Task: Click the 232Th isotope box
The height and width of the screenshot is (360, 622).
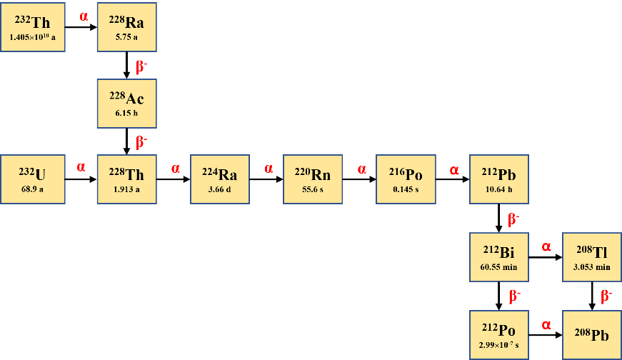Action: click(33, 27)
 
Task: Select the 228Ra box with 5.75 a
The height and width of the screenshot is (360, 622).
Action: click(126, 27)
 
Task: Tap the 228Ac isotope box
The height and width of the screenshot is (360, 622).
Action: click(126, 103)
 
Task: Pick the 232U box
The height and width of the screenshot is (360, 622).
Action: click(33, 179)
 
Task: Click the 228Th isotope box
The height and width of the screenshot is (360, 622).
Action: click(126, 179)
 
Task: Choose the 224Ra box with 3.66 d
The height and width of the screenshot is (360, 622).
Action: click(220, 179)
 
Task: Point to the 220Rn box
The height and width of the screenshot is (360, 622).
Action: click(313, 179)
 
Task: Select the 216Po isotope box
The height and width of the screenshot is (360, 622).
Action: click(406, 179)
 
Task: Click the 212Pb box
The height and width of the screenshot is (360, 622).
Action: click(499, 179)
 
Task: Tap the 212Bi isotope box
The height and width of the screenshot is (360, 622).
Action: click(499, 257)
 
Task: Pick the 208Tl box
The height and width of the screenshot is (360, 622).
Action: click(592, 257)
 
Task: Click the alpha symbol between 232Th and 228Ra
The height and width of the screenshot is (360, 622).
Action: click(84, 16)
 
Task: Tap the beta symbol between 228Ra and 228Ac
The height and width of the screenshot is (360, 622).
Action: click(141, 67)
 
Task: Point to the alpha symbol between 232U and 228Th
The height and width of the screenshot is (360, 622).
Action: click(81, 167)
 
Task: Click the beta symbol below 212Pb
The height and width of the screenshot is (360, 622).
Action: click(513, 219)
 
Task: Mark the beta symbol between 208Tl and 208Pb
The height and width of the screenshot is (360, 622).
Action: click(606, 295)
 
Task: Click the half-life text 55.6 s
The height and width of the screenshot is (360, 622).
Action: click(313, 190)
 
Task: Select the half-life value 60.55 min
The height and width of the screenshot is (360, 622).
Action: click(499, 267)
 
